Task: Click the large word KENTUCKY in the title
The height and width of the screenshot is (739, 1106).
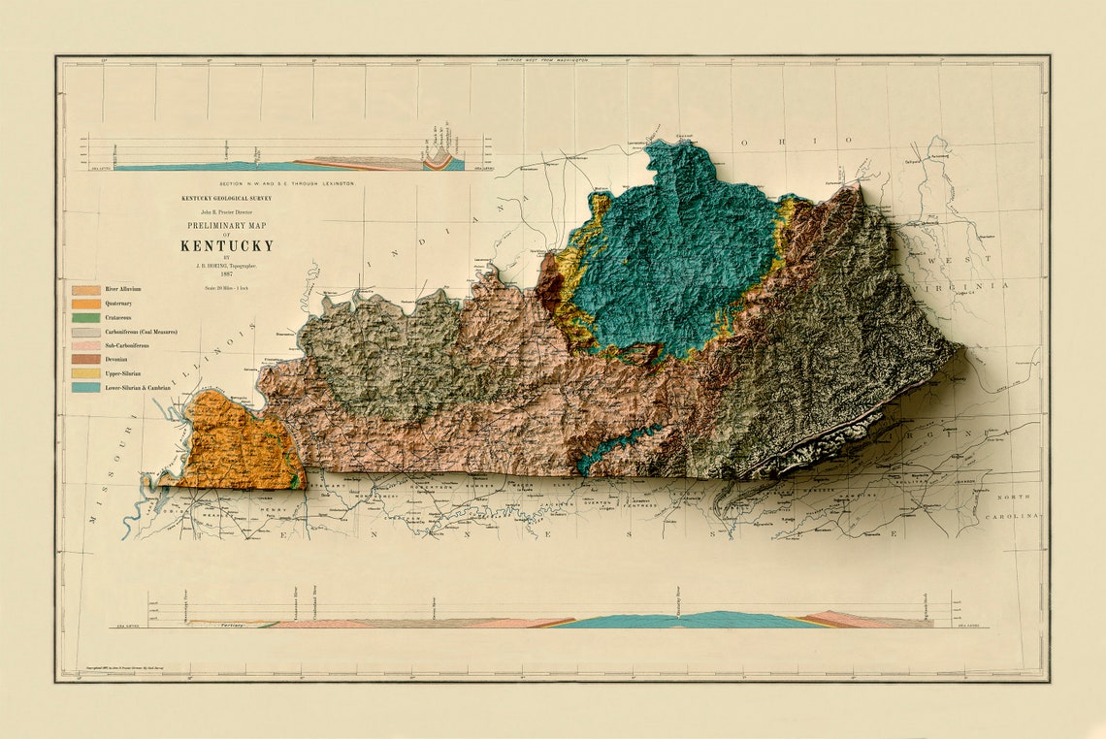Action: pos(226,245)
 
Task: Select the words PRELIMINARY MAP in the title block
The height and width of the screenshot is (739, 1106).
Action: pos(226,225)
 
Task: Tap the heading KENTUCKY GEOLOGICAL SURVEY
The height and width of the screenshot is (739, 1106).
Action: pos(226,198)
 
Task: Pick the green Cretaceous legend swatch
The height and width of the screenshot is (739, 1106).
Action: pos(85,318)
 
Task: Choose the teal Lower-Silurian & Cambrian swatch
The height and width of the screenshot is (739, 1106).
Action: pos(85,388)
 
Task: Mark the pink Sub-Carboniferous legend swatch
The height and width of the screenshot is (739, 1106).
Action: pos(85,346)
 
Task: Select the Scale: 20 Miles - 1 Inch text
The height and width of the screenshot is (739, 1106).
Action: pos(226,287)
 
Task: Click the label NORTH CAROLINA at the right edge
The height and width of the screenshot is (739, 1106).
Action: pos(1023,505)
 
